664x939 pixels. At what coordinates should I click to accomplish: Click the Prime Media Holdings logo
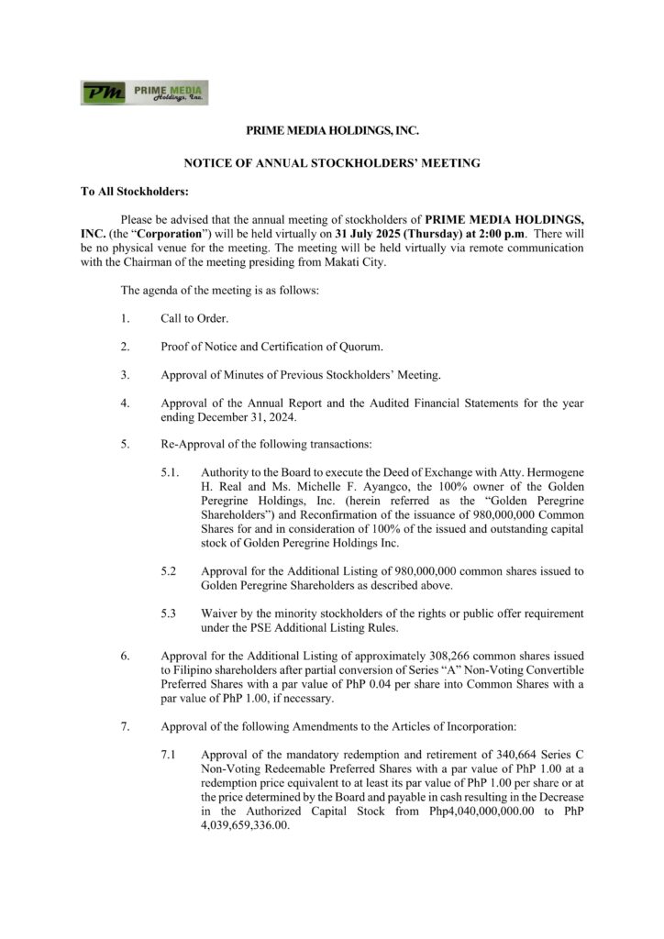[x=143, y=93]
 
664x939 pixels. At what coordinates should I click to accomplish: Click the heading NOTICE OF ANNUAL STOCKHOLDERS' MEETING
[x=332, y=163]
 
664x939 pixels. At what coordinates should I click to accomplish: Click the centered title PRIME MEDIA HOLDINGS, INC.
[x=332, y=133]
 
